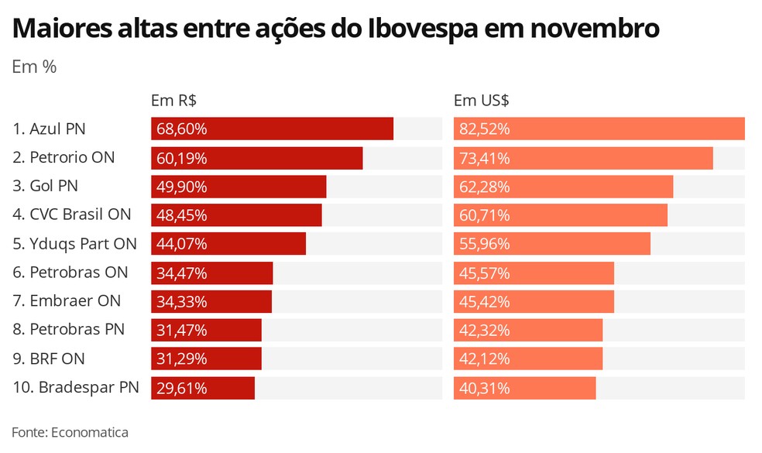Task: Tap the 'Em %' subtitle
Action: pyautogui.click(x=34, y=67)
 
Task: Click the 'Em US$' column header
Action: pyautogui.click(x=481, y=101)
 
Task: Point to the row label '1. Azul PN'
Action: pyautogui.click(x=49, y=129)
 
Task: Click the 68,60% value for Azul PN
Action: pyautogui.click(x=182, y=129)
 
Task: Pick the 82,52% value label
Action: pyautogui.click(x=484, y=129)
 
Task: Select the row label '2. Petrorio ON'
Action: pyautogui.click(x=63, y=157)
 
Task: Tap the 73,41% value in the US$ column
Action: pyautogui.click(x=484, y=158)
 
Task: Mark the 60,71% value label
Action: pyautogui.click(x=484, y=215)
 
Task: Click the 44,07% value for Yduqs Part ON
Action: pyautogui.click(x=182, y=244)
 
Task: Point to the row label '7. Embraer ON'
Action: pyautogui.click(x=67, y=300)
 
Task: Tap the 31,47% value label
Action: pyautogui.click(x=182, y=330)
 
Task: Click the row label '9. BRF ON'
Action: pyautogui.click(x=49, y=359)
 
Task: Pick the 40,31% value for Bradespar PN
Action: pyautogui.click(x=484, y=388)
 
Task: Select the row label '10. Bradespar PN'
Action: pyautogui.click(x=75, y=387)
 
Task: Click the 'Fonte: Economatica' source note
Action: pyautogui.click(x=70, y=432)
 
